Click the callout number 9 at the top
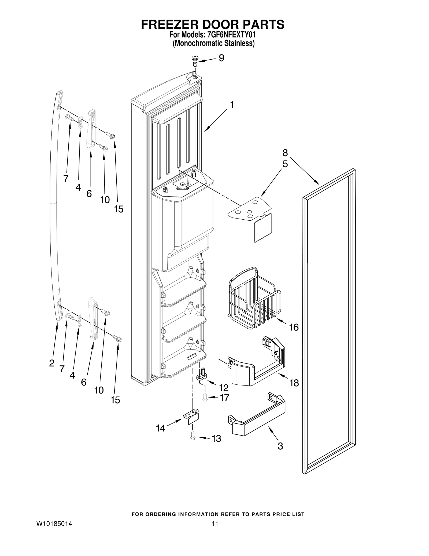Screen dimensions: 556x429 coord(221,58)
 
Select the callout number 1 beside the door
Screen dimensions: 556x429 coord(232,105)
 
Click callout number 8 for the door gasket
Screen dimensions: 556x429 coord(285,153)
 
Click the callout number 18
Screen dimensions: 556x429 coord(294,383)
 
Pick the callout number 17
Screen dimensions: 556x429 coord(224,398)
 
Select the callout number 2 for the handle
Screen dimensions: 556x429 coord(52,363)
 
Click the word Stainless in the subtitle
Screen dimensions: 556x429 coord(240,43)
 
